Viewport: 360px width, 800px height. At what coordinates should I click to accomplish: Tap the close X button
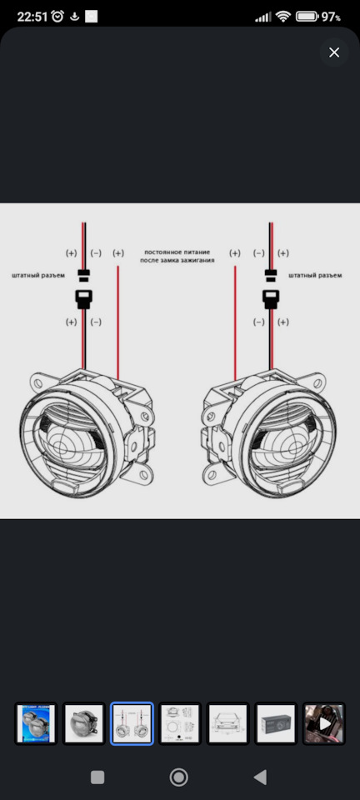(334, 52)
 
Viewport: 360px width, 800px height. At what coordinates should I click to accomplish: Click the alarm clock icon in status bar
(57, 17)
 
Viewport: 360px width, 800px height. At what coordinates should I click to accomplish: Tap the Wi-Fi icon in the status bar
(282, 17)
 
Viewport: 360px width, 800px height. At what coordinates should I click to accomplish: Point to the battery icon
(307, 17)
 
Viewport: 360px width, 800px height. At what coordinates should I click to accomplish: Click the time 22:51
(32, 17)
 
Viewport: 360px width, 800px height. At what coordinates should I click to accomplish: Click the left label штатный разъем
(39, 276)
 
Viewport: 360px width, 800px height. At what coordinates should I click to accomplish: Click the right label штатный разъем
(315, 276)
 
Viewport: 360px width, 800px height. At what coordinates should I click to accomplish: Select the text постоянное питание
(177, 252)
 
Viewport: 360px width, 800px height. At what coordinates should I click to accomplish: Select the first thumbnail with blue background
(36, 723)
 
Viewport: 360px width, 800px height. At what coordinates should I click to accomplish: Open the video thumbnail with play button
(324, 723)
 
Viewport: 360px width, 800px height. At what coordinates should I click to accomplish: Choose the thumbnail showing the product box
(276, 723)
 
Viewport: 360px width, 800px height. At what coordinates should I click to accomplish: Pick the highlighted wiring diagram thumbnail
(132, 723)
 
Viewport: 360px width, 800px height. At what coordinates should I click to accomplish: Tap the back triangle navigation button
(260, 777)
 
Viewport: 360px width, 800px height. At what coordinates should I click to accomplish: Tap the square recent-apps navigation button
(97, 777)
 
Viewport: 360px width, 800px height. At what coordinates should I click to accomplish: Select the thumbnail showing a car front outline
(228, 723)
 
